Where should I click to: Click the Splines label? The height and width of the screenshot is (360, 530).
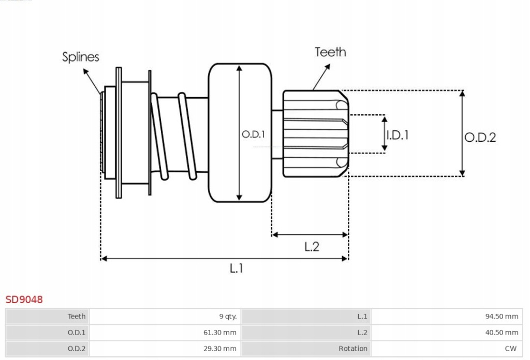[x=80, y=56]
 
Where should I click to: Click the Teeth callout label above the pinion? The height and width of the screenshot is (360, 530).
[x=330, y=52]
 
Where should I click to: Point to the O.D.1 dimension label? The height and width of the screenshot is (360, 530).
[x=253, y=134]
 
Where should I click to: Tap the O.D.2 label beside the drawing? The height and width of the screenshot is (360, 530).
[x=480, y=138]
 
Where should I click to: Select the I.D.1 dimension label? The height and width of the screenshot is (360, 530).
[x=398, y=135]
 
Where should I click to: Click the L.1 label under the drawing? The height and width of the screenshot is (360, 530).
[x=237, y=268]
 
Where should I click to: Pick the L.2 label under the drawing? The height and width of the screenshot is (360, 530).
[x=311, y=247]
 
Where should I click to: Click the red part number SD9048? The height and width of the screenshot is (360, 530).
[x=24, y=299]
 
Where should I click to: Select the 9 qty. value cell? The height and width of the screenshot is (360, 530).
[x=228, y=317]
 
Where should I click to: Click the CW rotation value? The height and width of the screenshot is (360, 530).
[x=511, y=349]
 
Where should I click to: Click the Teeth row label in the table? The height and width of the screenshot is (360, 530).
[x=76, y=317]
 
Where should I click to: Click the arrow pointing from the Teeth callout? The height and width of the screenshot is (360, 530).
[x=321, y=77]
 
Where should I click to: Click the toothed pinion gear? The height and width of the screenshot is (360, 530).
[x=315, y=134]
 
